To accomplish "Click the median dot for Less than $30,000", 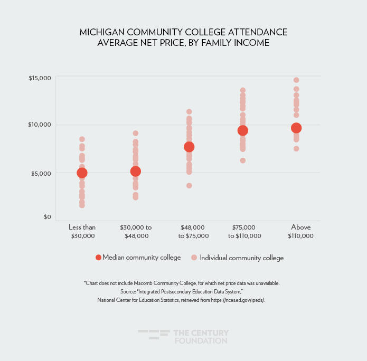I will tap(82, 173).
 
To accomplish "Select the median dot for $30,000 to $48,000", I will tap(135, 171).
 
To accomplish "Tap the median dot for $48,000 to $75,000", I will tap(189, 147).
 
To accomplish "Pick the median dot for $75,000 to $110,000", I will tap(243, 130).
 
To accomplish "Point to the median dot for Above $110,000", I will tap(296, 128).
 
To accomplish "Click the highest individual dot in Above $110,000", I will tap(296, 80).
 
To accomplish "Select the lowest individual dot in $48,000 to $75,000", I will tap(189, 185).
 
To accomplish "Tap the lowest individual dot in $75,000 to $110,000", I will tap(243, 160).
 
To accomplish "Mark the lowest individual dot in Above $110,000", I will tap(296, 148).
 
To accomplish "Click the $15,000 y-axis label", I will tap(40, 78).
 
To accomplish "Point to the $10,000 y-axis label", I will tap(40, 125).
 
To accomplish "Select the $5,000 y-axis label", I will tap(41, 173).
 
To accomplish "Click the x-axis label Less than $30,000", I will tap(82, 231).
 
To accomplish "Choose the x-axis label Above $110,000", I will tap(300, 231).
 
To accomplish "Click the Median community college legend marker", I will tap(98, 258).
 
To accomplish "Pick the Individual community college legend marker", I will tap(194, 258).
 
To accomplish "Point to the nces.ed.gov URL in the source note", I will tap(240, 300).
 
